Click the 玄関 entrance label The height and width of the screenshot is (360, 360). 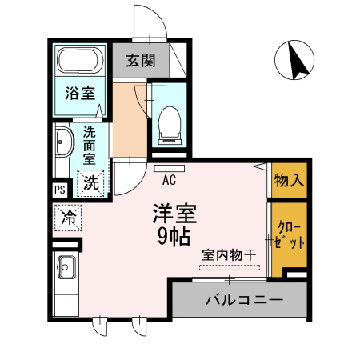141,61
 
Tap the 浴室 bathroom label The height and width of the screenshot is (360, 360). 80,92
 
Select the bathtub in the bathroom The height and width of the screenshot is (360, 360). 80,61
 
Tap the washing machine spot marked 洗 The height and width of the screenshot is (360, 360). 92,182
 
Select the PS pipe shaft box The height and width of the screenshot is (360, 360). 60,190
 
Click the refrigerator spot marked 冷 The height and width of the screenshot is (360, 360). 69,217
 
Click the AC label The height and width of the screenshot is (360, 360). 169,179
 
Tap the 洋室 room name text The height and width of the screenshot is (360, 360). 175,214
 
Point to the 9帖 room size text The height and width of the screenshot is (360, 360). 175,237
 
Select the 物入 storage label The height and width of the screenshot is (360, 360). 289,180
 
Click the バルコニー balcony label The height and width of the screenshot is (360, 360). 243,302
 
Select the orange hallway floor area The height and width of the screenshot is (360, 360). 128,120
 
